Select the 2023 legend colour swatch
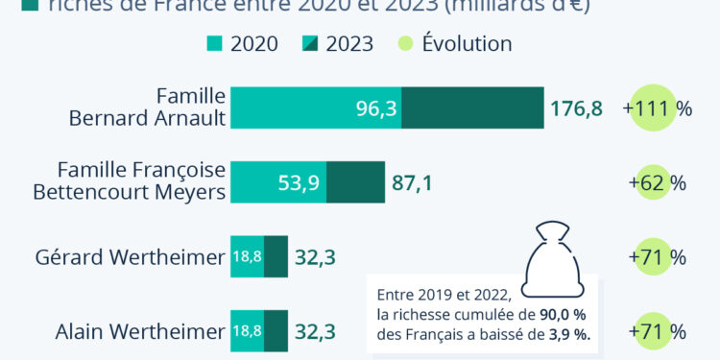[309, 44]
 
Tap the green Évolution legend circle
[404, 44]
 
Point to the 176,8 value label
[576, 108]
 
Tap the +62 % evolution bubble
[657, 182]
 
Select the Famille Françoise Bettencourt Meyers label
[130, 180]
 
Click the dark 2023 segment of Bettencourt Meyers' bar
[362, 182]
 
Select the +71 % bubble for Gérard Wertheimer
[657, 257]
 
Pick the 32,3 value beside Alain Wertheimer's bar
[315, 332]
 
